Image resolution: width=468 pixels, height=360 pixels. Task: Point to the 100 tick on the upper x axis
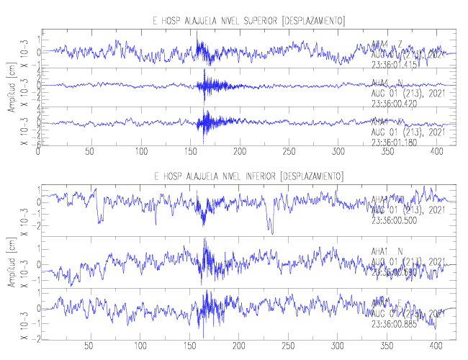(141, 152)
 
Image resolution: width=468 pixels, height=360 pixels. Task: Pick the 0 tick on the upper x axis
(39, 152)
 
